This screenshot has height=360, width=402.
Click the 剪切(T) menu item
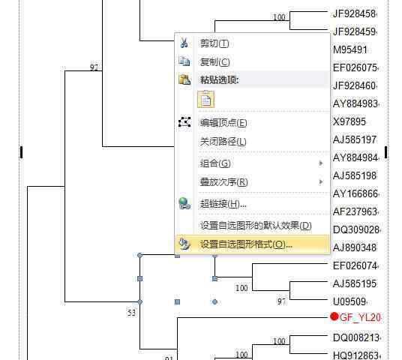[x=214, y=43]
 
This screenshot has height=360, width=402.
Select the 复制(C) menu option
[x=214, y=61]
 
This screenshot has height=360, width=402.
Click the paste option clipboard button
[x=205, y=99]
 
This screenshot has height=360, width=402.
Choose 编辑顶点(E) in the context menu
[x=223, y=123]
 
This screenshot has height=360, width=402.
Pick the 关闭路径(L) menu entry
[x=223, y=142]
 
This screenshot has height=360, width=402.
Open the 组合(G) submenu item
[x=215, y=163]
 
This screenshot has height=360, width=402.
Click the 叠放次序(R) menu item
[x=223, y=182]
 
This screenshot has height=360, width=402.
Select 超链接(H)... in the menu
[x=223, y=204]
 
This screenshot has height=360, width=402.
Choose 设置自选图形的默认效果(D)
[x=256, y=226]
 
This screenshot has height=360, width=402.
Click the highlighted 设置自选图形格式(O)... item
[x=246, y=244]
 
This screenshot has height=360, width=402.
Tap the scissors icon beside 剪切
[x=184, y=43]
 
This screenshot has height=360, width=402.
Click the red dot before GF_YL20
[x=334, y=316]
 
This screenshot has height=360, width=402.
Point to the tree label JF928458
[x=354, y=13]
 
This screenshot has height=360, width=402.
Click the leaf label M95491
[x=350, y=49]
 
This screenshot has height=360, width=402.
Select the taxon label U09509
[x=349, y=301]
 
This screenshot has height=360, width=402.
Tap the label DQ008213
[x=355, y=337]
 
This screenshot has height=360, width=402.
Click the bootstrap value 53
[x=131, y=313]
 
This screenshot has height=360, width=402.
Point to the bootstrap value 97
[x=281, y=301]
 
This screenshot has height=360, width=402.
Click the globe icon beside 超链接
[x=184, y=203]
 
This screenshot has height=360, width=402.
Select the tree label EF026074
[x=355, y=265]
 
